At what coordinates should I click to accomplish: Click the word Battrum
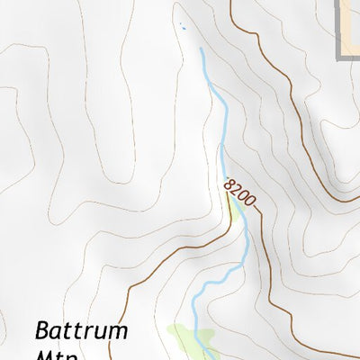[x=81, y=330]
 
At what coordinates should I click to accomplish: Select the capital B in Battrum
[x=43, y=330]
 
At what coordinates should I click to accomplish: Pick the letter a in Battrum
[x=57, y=332]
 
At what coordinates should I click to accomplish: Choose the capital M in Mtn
[x=45, y=355]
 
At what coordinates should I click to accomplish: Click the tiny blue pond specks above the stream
[x=183, y=26]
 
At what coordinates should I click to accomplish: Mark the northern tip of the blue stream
[x=200, y=49]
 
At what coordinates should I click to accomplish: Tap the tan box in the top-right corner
[x=352, y=22]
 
